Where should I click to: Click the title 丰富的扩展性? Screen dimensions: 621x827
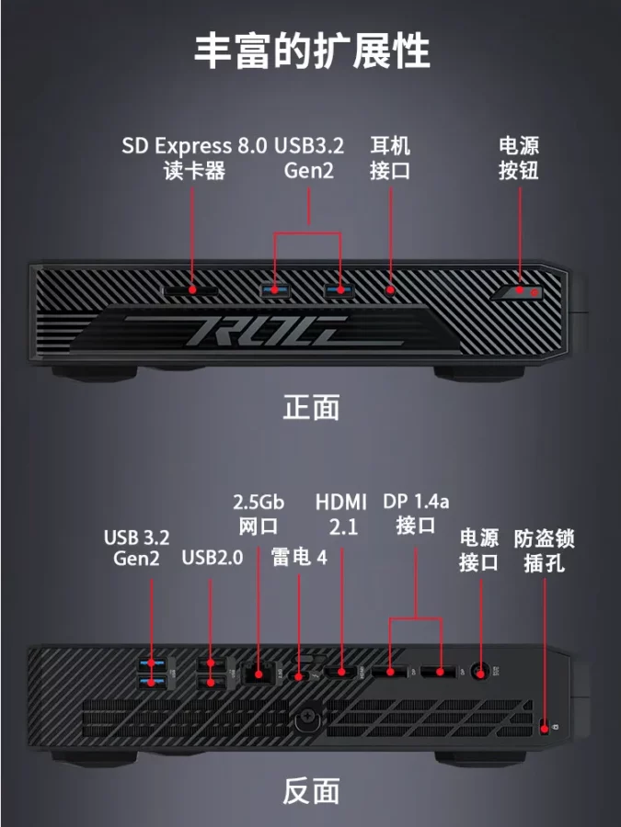(312, 51)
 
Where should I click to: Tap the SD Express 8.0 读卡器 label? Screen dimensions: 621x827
(194, 158)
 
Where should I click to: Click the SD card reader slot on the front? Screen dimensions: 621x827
(190, 290)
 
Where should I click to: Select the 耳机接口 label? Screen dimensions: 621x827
(390, 158)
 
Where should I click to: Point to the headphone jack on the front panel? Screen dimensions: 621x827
(390, 289)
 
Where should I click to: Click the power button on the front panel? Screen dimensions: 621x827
(520, 291)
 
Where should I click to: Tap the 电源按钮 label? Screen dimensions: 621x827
(519, 158)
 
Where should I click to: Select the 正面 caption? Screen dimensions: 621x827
(311, 407)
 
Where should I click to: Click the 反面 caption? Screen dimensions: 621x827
(311, 791)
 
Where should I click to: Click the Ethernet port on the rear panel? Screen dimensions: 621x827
(259, 674)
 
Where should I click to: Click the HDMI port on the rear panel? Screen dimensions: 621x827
(341, 672)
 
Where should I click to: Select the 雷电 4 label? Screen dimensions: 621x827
(299, 557)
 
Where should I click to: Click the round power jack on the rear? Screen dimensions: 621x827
(480, 672)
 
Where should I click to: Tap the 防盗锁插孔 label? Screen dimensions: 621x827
(544, 550)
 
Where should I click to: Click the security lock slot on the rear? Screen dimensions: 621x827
(545, 729)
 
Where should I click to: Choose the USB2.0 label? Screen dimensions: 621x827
(213, 558)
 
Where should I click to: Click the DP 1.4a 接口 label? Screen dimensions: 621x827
(416, 513)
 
